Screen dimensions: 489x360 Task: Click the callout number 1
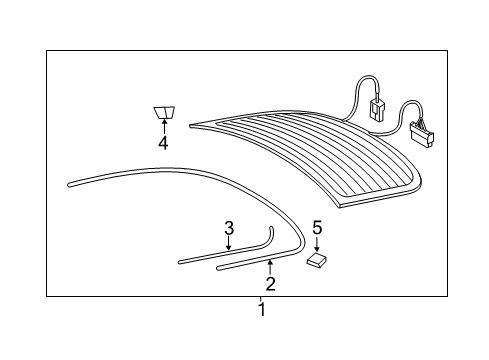click(x=262, y=309)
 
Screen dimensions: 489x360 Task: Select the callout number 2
click(x=270, y=284)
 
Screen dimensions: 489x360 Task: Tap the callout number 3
click(x=229, y=228)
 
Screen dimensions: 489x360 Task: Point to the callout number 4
click(x=163, y=143)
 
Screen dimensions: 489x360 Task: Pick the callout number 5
click(x=317, y=228)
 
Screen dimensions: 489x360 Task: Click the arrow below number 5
click(x=317, y=244)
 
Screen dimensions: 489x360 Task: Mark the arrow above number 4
click(x=164, y=126)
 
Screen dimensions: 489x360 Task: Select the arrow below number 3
click(x=228, y=243)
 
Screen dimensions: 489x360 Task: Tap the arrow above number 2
click(x=270, y=268)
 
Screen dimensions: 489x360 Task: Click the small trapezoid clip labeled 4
click(x=164, y=112)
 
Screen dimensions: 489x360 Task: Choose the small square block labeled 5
click(x=316, y=260)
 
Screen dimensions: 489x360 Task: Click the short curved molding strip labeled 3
click(x=230, y=254)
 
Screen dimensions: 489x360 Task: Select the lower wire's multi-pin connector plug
click(x=422, y=132)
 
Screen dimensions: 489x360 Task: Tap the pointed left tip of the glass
click(x=191, y=126)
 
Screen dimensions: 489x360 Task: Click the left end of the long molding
click(x=69, y=184)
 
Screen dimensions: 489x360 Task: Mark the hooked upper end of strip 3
click(x=271, y=228)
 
